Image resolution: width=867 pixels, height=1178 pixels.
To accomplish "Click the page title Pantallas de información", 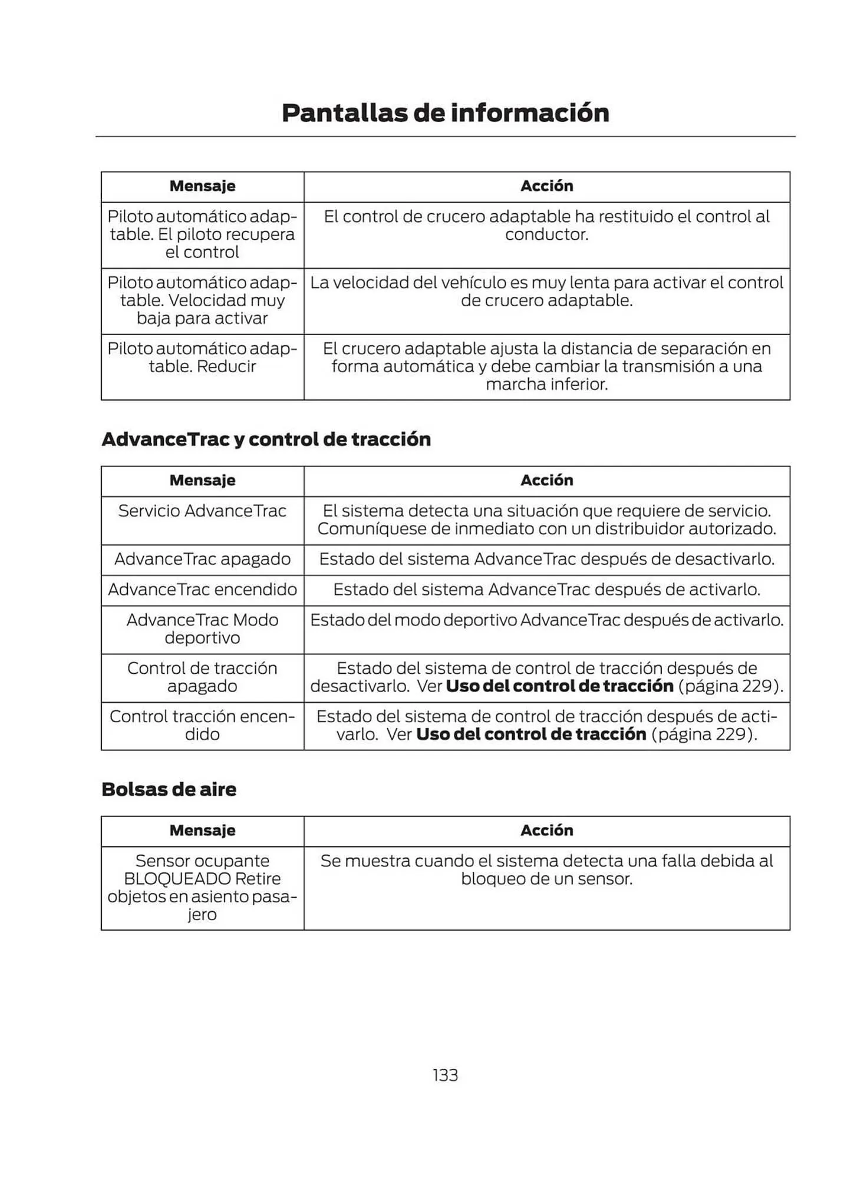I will (x=445, y=112).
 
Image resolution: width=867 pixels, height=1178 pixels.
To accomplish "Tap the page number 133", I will (x=445, y=1075).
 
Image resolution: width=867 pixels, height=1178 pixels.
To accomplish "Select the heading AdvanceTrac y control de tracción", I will (x=266, y=439).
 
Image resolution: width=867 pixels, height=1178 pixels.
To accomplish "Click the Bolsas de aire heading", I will (x=169, y=789).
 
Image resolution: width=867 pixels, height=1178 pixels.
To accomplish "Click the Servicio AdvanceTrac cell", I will (x=202, y=511).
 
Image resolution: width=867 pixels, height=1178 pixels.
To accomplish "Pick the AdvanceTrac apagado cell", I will (x=202, y=559).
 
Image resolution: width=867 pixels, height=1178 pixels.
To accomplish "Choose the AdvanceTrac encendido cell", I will (x=202, y=590).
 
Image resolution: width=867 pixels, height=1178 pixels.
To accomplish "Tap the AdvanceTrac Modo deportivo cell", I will (x=202, y=628).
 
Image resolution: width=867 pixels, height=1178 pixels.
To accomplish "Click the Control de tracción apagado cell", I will (x=202, y=677).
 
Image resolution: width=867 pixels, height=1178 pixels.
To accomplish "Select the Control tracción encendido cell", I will (x=202, y=725).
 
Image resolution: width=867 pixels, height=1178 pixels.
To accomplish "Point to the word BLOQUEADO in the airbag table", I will (x=177, y=879).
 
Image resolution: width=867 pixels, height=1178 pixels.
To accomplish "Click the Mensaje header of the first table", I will (x=202, y=186).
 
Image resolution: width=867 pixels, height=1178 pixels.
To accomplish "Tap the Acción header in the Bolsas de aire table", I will (x=546, y=830).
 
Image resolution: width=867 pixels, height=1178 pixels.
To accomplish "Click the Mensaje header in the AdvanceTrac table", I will (x=202, y=481).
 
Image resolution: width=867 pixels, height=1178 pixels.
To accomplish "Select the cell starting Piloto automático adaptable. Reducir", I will (x=202, y=358).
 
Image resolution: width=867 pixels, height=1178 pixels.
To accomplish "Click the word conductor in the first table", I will (x=546, y=234).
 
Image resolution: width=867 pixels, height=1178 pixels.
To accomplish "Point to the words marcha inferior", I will (x=546, y=385).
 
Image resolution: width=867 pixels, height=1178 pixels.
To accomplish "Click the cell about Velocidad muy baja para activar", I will (x=202, y=300).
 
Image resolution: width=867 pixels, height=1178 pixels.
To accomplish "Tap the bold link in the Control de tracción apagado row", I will (x=559, y=686).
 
